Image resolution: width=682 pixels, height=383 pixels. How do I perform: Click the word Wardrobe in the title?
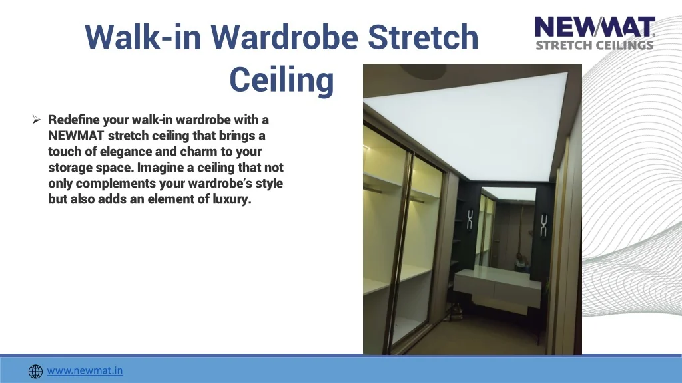point(284,37)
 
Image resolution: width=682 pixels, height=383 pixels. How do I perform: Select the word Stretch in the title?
point(423,37)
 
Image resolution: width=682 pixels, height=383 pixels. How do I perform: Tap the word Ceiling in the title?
point(282,80)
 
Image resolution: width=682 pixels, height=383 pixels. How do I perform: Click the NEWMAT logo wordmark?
point(595,27)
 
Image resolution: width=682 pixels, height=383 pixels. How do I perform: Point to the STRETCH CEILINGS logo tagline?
point(595,45)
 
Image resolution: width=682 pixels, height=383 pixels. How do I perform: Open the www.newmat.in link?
point(85,370)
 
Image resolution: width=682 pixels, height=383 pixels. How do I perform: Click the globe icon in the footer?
point(36,371)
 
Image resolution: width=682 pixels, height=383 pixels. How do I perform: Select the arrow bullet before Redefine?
point(36,120)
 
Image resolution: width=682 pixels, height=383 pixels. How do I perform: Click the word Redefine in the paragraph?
point(74,120)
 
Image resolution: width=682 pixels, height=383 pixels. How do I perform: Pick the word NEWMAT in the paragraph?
point(76,136)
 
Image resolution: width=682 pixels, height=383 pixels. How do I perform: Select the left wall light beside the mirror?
point(470,219)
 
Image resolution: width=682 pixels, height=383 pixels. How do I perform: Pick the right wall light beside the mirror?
point(543,225)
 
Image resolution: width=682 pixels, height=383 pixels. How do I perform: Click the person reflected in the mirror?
point(520,262)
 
